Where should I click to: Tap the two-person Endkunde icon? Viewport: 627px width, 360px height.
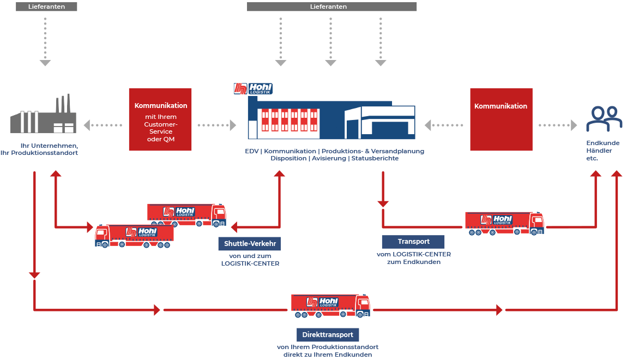[604, 119]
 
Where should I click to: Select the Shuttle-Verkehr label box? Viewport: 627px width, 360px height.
[249, 243]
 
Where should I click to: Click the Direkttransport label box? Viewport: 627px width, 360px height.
[328, 334]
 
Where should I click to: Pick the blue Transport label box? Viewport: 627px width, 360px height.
[413, 242]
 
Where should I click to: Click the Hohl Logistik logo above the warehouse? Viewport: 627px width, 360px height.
[253, 89]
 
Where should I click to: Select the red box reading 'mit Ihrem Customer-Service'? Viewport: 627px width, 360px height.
[160, 119]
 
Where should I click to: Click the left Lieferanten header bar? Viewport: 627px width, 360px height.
[46, 7]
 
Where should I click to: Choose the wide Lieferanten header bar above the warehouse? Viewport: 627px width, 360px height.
[331, 7]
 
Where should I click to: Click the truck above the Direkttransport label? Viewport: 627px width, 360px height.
[330, 306]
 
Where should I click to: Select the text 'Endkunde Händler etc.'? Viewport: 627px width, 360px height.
[595, 151]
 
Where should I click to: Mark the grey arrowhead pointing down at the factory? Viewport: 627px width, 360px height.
[45, 63]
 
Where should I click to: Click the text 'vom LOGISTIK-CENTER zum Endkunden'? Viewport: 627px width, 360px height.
[413, 258]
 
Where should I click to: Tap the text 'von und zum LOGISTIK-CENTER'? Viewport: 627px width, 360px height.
[250, 260]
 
